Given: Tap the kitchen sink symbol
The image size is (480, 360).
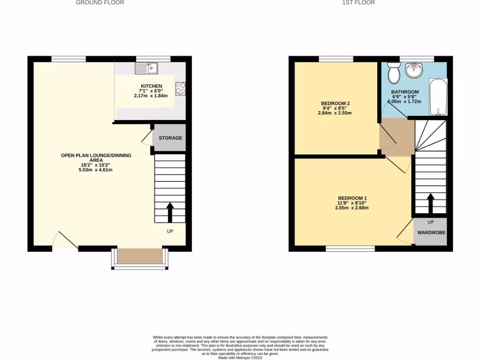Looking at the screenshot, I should click(147, 68).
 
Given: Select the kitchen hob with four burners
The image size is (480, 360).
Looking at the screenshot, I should click(180, 88).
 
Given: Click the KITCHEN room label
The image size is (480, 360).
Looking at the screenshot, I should click(151, 86).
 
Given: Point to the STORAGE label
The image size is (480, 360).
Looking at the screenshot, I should click(170, 138).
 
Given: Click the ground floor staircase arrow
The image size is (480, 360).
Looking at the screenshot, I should click(170, 212).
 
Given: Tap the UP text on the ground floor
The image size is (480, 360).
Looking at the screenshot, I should click(170, 231).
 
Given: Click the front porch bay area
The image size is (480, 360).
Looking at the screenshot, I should click(139, 256).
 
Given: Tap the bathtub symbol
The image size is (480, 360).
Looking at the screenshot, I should click(438, 97).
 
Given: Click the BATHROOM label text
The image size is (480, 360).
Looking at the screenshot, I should click(405, 92).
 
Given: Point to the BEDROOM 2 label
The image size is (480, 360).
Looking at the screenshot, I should click(335, 104).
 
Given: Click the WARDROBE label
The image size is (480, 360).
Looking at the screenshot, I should click(432, 232).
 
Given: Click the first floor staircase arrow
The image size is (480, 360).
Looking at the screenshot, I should click(430, 203).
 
